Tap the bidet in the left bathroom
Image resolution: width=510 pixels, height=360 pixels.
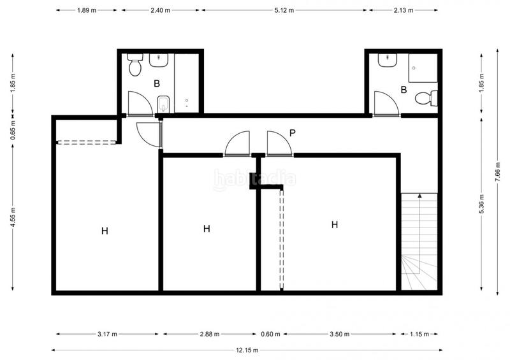(x=163, y=104)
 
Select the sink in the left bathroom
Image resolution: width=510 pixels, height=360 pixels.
(x=158, y=60)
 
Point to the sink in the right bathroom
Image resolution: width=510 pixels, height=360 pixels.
(x=387, y=60)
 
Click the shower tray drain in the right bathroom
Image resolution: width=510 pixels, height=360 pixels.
(x=415, y=67)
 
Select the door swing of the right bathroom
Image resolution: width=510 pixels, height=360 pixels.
(x=384, y=104)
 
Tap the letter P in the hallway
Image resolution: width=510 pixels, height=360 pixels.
(x=292, y=133)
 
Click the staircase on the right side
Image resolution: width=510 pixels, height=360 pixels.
(x=419, y=242)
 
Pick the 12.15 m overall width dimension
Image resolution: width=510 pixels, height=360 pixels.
(x=245, y=349)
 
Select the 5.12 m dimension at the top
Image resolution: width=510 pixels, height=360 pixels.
(x=284, y=11)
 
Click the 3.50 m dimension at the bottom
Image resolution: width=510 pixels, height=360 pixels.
(x=343, y=334)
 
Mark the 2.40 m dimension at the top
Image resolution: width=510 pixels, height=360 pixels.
(x=161, y=11)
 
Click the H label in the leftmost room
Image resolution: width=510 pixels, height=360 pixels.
(x=105, y=231)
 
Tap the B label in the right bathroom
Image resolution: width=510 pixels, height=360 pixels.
(x=404, y=90)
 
